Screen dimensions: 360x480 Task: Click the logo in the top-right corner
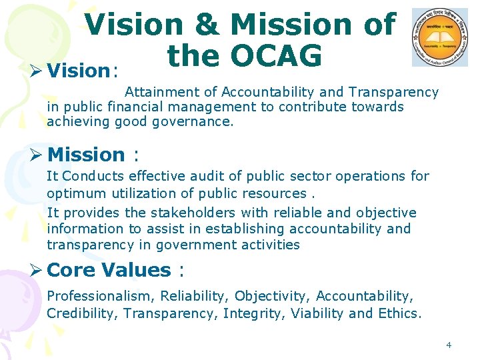tap(439, 38)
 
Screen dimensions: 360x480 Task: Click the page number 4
tap(449, 345)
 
